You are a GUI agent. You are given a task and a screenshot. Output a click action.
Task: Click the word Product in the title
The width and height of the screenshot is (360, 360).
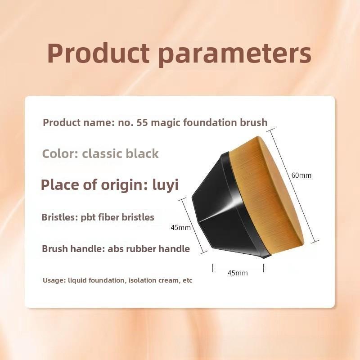[x=99, y=53]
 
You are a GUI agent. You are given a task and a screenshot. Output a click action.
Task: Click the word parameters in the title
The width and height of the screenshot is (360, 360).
[x=234, y=55]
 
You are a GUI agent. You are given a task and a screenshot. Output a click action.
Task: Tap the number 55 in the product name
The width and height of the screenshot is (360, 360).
[x=142, y=122]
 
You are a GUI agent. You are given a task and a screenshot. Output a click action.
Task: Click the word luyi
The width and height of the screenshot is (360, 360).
[x=165, y=185]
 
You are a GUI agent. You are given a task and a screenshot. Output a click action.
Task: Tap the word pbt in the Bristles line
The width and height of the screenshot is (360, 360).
[x=88, y=217]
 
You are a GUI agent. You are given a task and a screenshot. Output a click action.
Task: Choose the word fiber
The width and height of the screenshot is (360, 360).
[x=108, y=217]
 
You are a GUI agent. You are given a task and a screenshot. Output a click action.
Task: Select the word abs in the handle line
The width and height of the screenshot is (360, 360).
[x=116, y=249]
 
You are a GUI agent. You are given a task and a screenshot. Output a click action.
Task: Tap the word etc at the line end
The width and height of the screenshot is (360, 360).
[x=188, y=280]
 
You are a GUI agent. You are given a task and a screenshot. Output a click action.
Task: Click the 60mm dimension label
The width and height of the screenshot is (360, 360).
[x=301, y=175]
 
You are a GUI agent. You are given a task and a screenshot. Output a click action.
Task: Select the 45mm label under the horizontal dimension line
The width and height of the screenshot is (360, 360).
[x=238, y=273]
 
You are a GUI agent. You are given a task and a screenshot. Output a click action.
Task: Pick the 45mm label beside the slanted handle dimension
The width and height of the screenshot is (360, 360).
[x=181, y=228]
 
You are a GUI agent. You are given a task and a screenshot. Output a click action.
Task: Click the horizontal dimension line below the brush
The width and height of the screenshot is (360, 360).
[x=238, y=268]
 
